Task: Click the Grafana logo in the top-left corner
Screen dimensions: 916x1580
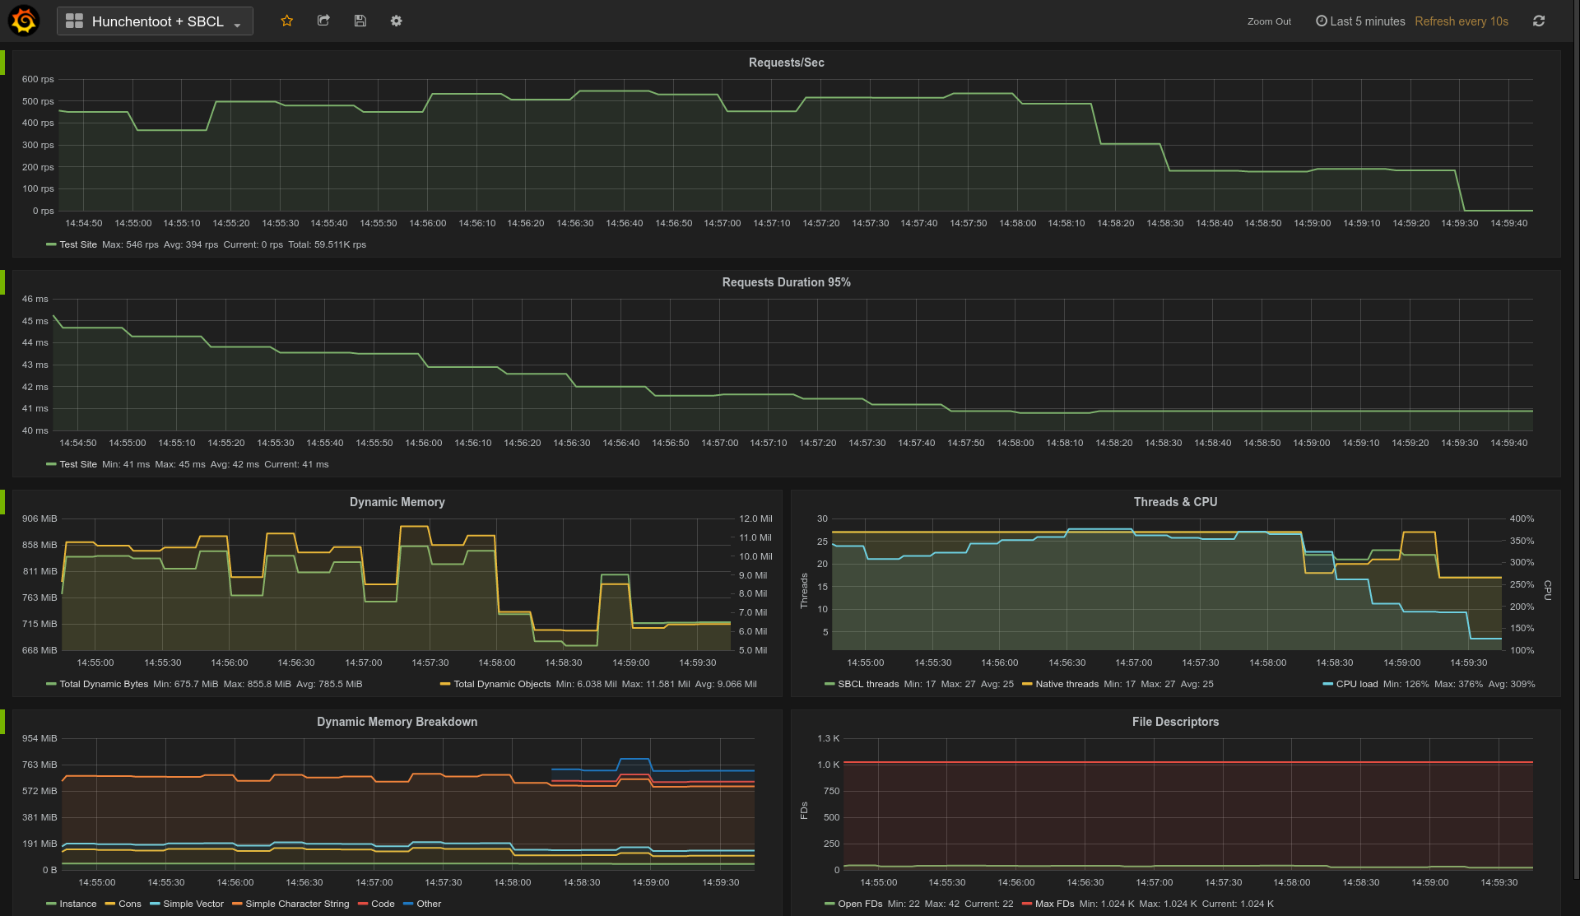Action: tap(23, 21)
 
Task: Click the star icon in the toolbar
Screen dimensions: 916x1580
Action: tap(287, 21)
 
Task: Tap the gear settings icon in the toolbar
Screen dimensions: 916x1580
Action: tap(396, 21)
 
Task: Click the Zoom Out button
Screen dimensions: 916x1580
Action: tap(1269, 21)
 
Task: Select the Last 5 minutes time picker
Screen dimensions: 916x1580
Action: tap(1360, 21)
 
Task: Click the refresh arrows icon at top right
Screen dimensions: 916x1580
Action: tap(1538, 21)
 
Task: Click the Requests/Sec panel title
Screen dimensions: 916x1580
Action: tap(786, 63)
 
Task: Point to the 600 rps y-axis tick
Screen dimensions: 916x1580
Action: tap(38, 79)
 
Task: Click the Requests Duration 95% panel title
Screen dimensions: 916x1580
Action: tap(786, 282)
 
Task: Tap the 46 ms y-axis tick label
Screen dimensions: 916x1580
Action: tap(35, 299)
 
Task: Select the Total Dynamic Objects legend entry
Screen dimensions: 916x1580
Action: tap(501, 684)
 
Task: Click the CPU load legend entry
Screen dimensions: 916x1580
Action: tap(1356, 684)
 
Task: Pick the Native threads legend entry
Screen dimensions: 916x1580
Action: tap(1066, 684)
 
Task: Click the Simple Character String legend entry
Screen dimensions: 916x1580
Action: tap(296, 904)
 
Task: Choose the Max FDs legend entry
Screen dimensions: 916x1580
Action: tap(1054, 904)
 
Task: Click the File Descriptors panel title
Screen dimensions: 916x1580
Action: tap(1175, 722)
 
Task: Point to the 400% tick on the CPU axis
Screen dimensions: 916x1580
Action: tap(1522, 518)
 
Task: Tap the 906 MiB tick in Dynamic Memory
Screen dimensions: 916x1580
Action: tap(39, 518)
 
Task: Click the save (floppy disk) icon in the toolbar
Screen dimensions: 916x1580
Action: tap(360, 21)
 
